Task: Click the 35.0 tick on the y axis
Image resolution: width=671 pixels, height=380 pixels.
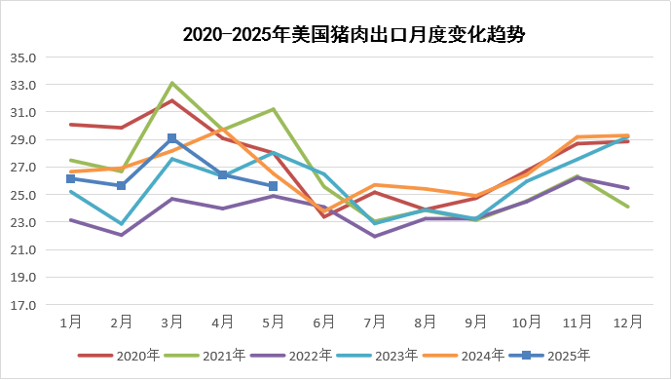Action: pyautogui.click(x=22, y=57)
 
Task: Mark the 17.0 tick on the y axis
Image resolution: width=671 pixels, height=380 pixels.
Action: pyautogui.click(x=22, y=305)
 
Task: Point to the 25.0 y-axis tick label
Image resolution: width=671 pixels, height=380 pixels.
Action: pyautogui.click(x=22, y=195)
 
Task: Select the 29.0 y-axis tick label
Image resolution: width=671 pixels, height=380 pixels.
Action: pyautogui.click(x=22, y=140)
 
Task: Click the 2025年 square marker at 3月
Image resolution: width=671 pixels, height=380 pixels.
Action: pyautogui.click(x=172, y=138)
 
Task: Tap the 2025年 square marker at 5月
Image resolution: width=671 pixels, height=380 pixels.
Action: pyautogui.click(x=274, y=186)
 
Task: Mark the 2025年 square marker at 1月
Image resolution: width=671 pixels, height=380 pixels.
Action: pyautogui.click(x=70, y=178)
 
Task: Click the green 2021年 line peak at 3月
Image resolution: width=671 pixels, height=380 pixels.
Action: pyautogui.click(x=172, y=83)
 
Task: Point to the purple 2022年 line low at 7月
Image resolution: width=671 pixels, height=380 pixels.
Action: pyautogui.click(x=375, y=236)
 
